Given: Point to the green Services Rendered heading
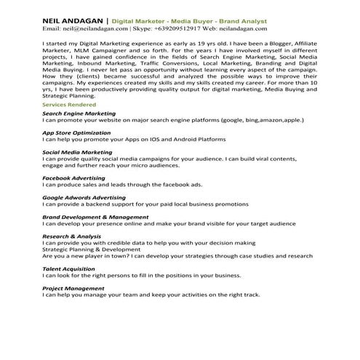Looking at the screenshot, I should (68, 105).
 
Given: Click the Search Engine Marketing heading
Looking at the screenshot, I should (79, 113).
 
